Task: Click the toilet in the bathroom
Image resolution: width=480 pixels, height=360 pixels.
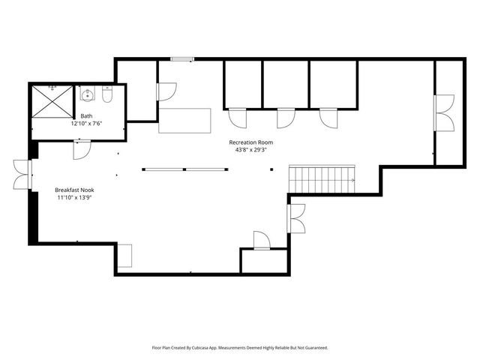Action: pos(107,96)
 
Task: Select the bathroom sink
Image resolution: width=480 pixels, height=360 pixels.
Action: pos(88,95)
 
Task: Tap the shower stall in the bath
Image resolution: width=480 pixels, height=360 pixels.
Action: pos(52,103)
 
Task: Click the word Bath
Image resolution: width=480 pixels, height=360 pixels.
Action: pos(87,116)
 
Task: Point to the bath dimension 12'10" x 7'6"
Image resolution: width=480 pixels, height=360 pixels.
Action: pos(87,124)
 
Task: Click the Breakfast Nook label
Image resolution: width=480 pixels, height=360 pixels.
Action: pos(74,190)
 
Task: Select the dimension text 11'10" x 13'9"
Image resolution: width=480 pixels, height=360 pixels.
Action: pos(74,198)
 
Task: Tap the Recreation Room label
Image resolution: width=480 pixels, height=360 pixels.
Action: pos(250,142)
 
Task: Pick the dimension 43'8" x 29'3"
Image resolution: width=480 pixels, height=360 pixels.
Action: pos(250,149)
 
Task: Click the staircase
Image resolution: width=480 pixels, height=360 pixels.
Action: pos(321,178)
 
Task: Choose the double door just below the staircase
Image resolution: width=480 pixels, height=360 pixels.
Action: pos(295,218)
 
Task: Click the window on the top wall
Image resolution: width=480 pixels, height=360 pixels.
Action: pos(181,59)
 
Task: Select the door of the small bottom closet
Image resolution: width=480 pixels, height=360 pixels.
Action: pos(261,241)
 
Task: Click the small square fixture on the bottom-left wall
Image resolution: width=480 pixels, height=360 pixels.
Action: pos(124,255)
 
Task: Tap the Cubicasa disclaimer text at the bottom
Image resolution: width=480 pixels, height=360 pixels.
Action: pos(240,348)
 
